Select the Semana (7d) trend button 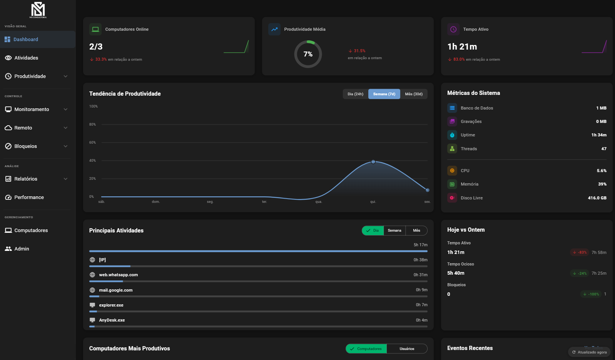point(384,94)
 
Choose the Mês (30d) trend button point(413,94)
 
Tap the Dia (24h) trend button point(355,94)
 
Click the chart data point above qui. point(373,162)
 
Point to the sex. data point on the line point(427,190)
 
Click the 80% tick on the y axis point(92,124)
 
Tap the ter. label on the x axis point(264,202)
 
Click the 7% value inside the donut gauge point(308,54)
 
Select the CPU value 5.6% point(602,171)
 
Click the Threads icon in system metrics point(452,149)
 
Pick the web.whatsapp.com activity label point(118,275)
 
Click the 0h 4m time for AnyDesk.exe point(421,320)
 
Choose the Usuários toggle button point(407,349)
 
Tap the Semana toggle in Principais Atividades point(394,231)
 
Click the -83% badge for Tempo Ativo point(580,252)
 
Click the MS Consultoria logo point(38,10)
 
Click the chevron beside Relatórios point(65,179)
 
